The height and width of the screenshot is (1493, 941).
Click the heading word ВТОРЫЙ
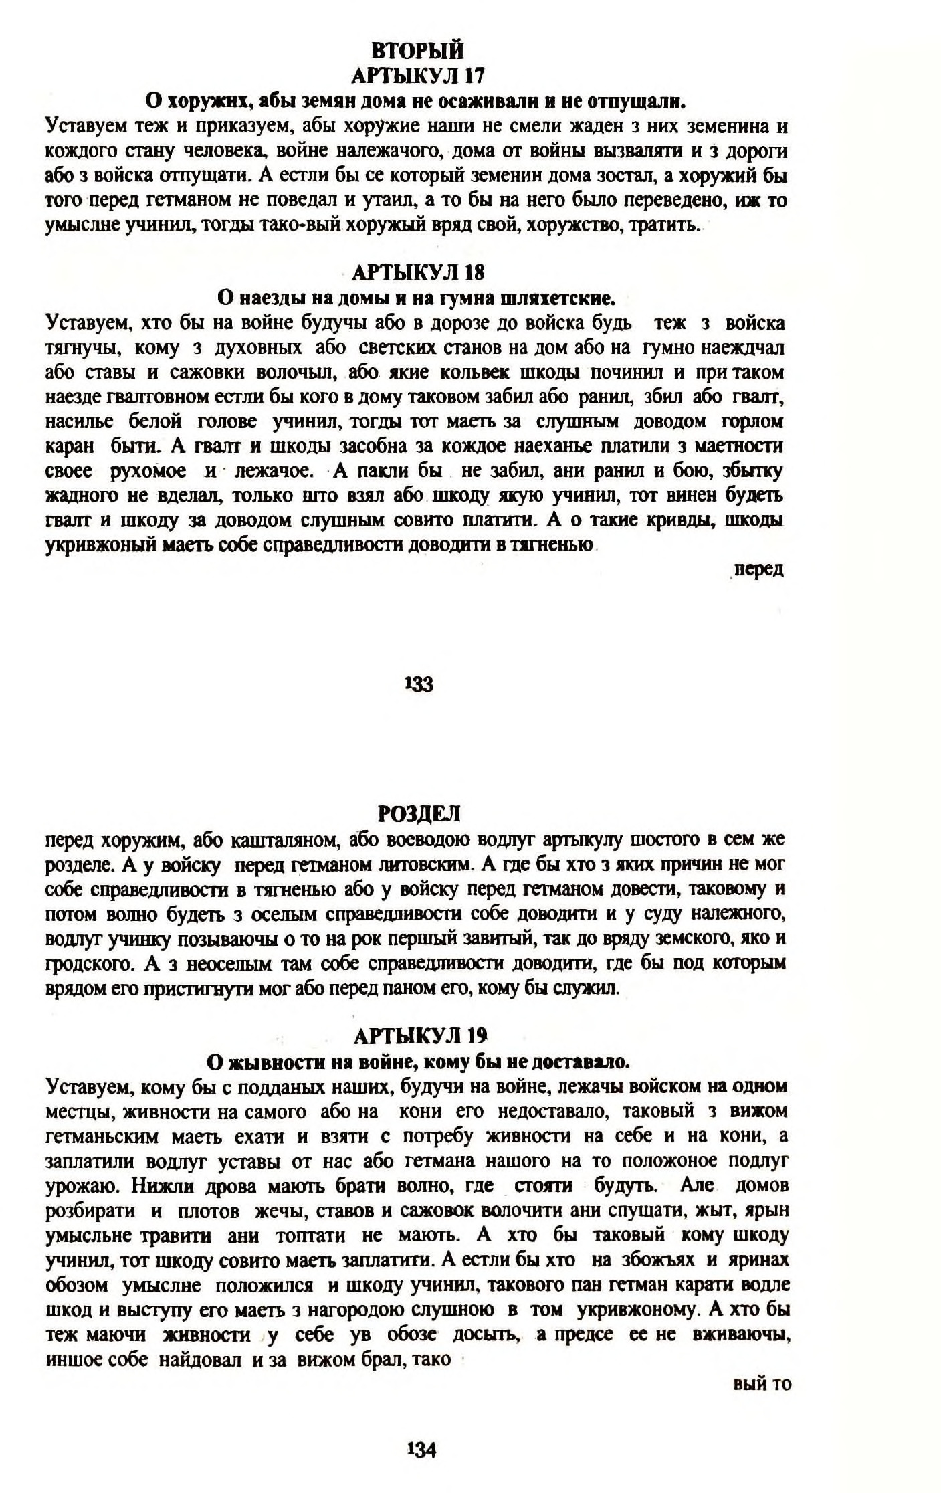click(x=417, y=51)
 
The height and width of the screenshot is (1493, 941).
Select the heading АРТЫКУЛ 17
click(x=417, y=75)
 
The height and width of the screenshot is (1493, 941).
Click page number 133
click(x=419, y=684)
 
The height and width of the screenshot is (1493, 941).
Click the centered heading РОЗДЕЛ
click(x=419, y=813)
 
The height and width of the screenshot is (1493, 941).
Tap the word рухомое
click(x=148, y=471)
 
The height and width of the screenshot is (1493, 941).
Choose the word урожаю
click(x=82, y=1187)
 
